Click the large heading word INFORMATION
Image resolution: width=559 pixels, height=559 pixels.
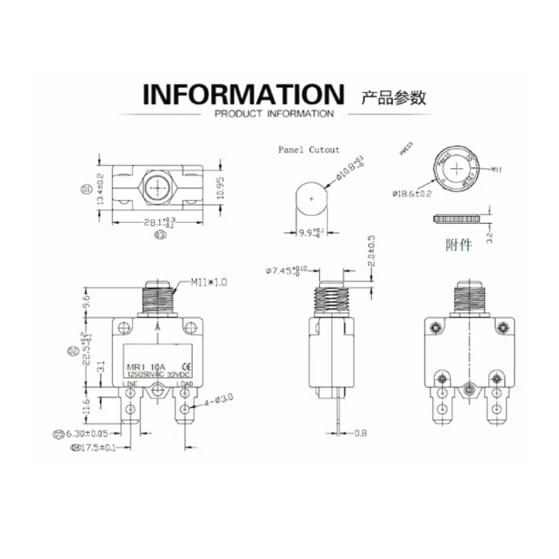pos(244,94)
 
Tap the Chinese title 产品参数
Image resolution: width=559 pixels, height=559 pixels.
pos(393,96)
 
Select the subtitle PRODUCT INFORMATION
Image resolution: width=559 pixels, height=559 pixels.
pos(274,114)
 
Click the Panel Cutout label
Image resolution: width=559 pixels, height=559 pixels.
pos(309,150)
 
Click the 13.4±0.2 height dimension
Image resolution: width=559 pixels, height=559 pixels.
pos(101,189)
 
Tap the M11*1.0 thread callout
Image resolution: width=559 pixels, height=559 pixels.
pos(209,283)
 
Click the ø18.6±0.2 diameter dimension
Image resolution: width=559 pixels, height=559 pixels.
pos(412,193)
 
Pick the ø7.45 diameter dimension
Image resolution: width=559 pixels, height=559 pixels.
pos(286,270)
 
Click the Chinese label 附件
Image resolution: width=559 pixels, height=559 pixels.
pos(458,245)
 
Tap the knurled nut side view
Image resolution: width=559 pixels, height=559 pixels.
pos(457,219)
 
